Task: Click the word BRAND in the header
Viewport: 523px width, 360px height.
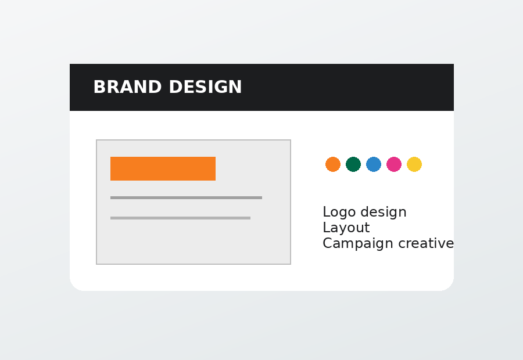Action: point(127,87)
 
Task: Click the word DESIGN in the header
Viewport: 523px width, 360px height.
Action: point(205,87)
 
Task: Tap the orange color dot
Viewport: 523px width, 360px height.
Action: point(333,164)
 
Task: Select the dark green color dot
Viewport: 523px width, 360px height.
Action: point(353,164)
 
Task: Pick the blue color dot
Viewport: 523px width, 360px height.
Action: point(374,164)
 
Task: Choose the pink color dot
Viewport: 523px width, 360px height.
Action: point(394,164)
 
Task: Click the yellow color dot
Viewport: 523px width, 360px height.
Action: point(414,164)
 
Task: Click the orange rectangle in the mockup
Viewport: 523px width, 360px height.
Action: point(163,168)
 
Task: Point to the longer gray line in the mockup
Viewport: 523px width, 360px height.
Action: point(186,197)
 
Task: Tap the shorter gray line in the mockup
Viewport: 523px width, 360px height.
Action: point(181,218)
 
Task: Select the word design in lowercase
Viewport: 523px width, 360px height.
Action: point(384,212)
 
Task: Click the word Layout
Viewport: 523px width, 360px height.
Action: point(346,228)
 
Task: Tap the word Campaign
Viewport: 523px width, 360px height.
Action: point(358,244)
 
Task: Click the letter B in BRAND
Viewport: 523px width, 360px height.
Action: point(99,87)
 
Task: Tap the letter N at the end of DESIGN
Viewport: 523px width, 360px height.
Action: point(235,87)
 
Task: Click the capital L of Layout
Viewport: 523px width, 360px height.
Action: point(326,228)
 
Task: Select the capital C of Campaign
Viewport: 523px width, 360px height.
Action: point(327,243)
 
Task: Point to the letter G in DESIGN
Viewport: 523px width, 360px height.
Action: point(221,87)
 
